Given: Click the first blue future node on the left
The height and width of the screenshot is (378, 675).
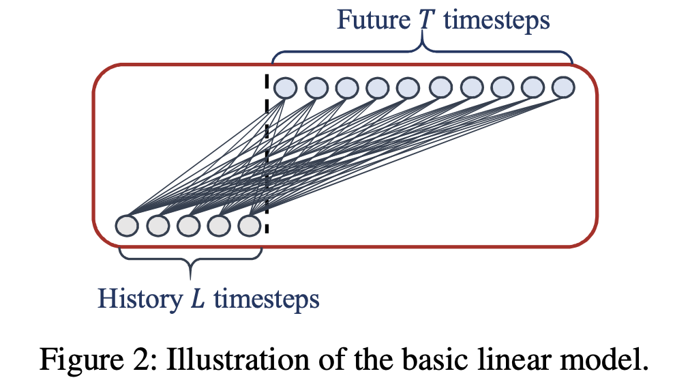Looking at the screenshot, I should (x=285, y=88).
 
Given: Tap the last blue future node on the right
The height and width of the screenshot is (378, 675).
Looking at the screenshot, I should (x=563, y=88).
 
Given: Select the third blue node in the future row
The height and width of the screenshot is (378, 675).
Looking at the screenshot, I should (x=346, y=88).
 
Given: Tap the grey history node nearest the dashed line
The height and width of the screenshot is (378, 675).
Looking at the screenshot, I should (x=250, y=225).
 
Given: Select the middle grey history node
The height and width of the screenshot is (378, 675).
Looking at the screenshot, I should (x=188, y=225).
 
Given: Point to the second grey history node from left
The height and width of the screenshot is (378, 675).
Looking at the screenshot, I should (x=157, y=225).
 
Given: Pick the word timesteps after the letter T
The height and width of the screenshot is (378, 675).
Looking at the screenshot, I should (x=496, y=20).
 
